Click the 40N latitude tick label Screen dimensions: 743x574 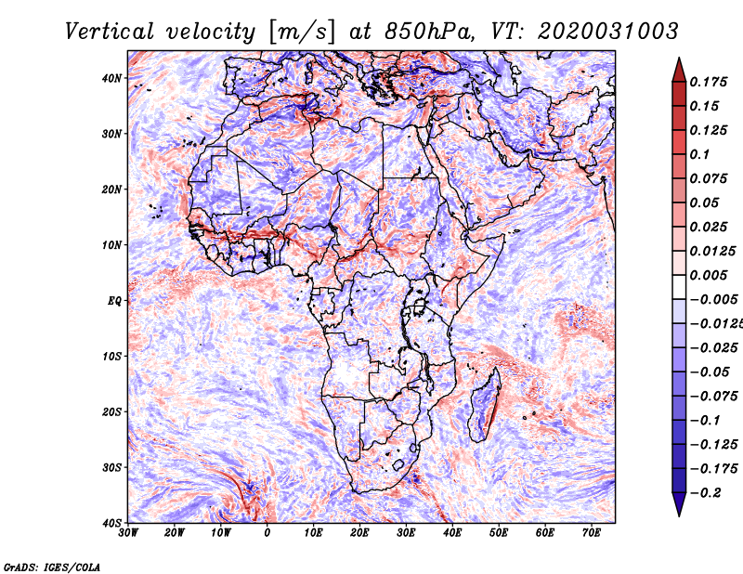tap(111, 78)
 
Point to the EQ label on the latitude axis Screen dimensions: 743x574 tap(114, 301)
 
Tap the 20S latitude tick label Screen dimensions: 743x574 tap(111, 411)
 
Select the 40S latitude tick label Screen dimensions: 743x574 tap(111, 523)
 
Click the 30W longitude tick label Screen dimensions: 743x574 tap(128, 533)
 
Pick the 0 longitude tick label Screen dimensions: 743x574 tap(267, 533)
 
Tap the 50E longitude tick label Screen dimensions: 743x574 tap(499, 533)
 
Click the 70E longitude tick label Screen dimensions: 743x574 tap(592, 533)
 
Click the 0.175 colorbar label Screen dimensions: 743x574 tap(709, 82)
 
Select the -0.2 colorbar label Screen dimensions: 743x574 tap(706, 493)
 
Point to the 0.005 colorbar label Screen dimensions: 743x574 tap(709, 275)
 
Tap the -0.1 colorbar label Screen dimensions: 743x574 tap(706, 421)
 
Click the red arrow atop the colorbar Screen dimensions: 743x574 tap(679, 72)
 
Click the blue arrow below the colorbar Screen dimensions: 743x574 tap(679, 503)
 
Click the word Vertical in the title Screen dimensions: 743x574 tap(110, 32)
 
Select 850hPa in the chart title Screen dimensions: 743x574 tap(429, 32)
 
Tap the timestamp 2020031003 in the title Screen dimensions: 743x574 tap(608, 32)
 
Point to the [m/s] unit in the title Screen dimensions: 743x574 tap(302, 32)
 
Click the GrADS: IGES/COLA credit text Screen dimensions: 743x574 tap(52, 567)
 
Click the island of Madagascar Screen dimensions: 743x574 tap(487, 404)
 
